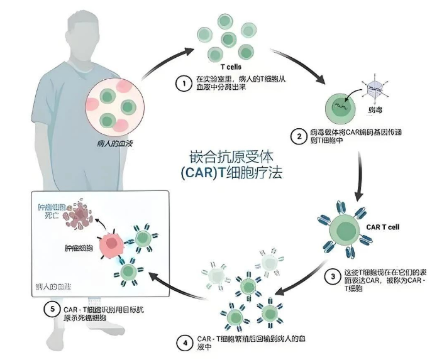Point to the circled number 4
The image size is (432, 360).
click(184, 343)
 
